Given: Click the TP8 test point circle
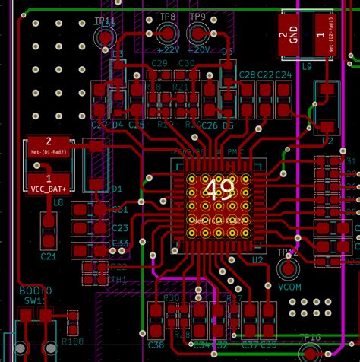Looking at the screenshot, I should [168, 33].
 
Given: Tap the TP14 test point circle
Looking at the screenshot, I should [105, 37].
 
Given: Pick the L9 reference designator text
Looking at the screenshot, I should [307, 67].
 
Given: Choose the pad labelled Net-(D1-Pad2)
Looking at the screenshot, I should [49, 145].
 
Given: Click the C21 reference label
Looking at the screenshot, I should [47, 257].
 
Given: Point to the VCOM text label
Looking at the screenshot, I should [289, 289].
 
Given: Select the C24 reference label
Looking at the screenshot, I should [283, 75].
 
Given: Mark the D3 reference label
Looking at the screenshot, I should [226, 52].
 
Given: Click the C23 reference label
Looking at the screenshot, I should [120, 228].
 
